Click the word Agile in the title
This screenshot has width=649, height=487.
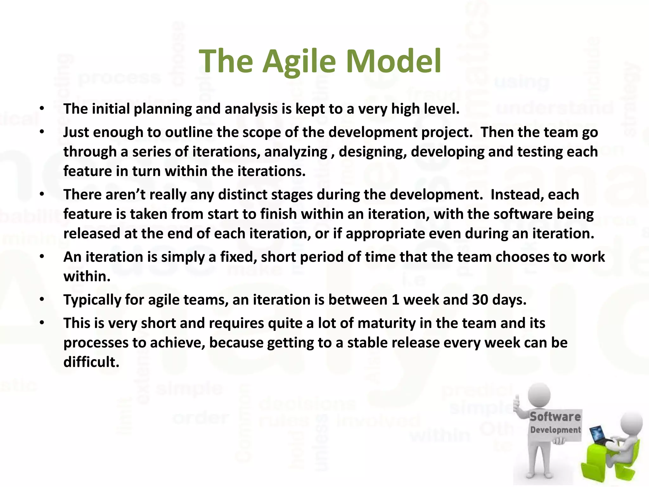click(299, 62)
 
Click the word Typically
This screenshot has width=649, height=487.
click(92, 300)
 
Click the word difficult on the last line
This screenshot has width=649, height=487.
click(91, 362)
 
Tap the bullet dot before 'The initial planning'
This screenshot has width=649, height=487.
click(42, 109)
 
